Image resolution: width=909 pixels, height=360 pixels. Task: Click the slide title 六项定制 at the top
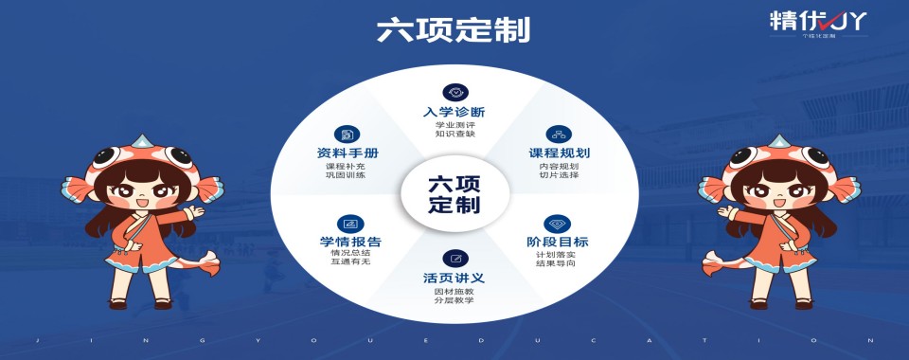click(x=454, y=29)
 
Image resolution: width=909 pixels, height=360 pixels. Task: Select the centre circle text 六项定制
click(x=454, y=193)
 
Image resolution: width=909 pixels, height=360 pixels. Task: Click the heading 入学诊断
click(x=454, y=113)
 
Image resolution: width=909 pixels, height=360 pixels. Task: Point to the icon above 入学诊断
click(x=454, y=92)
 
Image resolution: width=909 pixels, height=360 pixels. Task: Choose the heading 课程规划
click(x=559, y=153)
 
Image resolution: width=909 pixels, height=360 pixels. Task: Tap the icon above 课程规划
click(x=559, y=134)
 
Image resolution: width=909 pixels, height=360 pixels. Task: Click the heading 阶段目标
click(x=558, y=242)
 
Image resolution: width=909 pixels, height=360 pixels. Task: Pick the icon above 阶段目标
click(x=558, y=224)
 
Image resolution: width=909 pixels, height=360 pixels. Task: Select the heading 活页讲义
click(x=454, y=278)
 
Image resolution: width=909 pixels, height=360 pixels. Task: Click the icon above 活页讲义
click(x=454, y=259)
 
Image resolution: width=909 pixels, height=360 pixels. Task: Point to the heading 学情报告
click(x=350, y=242)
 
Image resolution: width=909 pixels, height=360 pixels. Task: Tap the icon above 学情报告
click(x=350, y=224)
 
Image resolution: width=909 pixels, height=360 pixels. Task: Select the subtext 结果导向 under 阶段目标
click(x=557, y=263)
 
